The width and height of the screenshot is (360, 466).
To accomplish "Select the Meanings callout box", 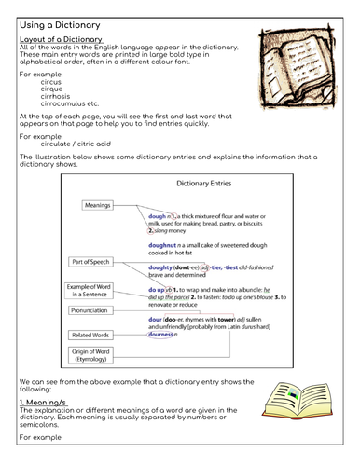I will [x=96, y=206].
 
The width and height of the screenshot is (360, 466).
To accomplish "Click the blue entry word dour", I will [x=156, y=320].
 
